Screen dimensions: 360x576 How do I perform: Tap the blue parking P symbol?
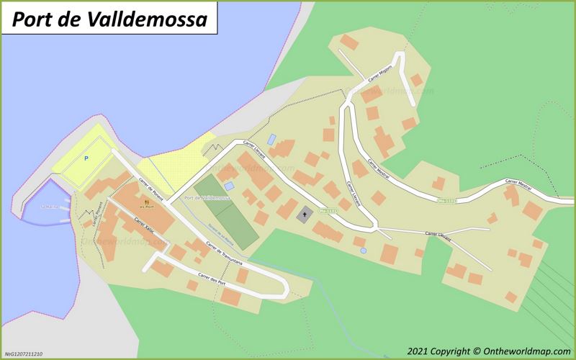coord(86,158)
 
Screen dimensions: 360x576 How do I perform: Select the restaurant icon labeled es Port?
coord(147,203)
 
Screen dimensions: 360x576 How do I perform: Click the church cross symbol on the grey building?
coord(305,214)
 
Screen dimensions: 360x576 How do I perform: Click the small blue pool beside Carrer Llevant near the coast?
coord(271,139)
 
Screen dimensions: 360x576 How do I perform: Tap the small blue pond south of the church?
coord(364,250)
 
